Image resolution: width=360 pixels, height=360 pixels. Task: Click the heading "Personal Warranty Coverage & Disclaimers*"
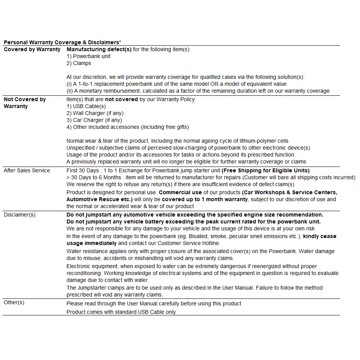62,42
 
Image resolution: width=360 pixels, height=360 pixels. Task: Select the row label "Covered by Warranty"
32,49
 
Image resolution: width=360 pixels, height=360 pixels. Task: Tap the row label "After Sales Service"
27,170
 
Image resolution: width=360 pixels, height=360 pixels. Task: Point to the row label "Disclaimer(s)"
20,215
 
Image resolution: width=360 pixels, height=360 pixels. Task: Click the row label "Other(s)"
14,302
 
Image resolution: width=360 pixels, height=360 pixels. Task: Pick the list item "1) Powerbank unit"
88,56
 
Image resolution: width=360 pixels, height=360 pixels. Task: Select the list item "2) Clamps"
79,63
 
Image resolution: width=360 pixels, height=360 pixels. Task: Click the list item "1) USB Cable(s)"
86,106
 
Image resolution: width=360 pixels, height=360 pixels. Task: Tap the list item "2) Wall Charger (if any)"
95,113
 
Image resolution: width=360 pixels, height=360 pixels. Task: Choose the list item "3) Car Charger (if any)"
94,120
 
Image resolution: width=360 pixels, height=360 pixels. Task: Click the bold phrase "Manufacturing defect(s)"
99,49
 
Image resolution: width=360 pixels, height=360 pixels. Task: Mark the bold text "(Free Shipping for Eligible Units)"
265,170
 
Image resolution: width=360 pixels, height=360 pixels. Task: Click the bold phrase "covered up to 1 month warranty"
205,199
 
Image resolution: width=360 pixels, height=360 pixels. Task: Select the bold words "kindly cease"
320,236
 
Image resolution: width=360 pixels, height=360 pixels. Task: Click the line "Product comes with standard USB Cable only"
121,312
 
